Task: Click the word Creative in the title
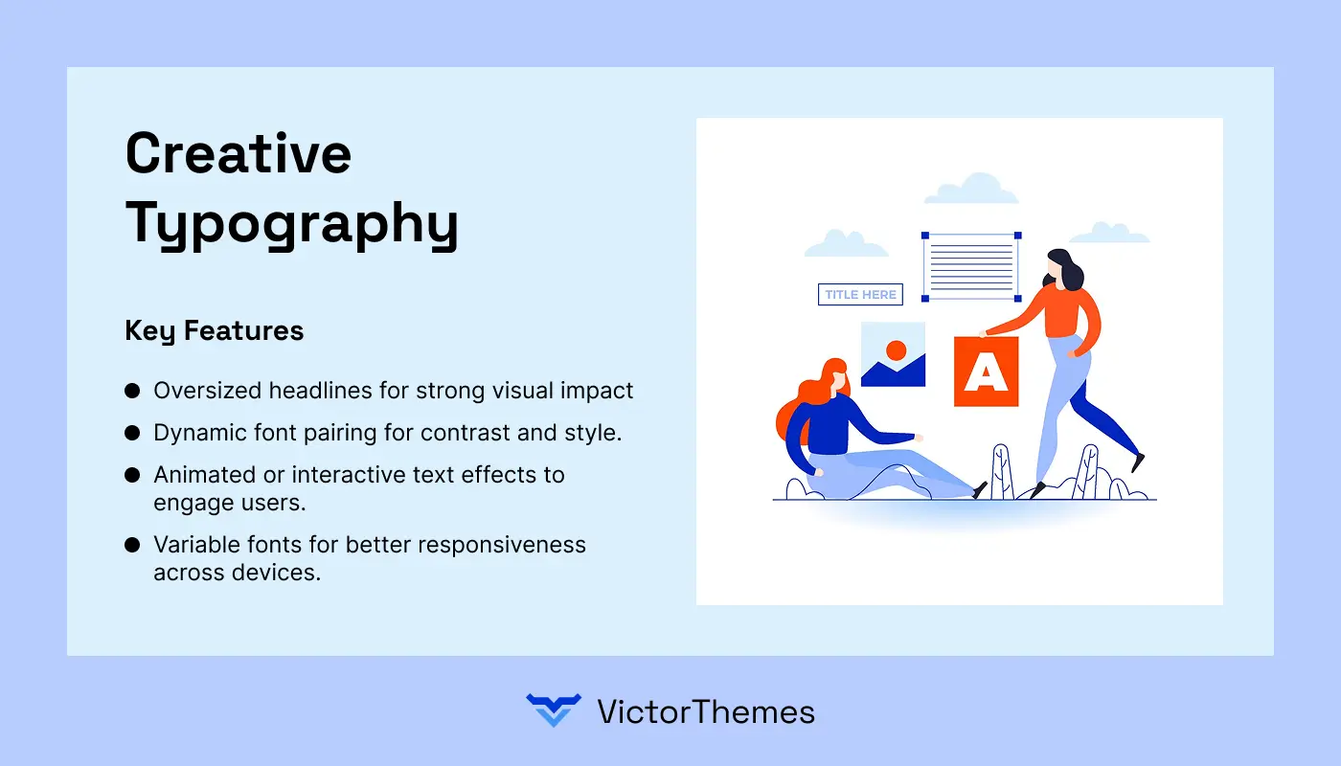click(239, 153)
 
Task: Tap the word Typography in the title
click(292, 224)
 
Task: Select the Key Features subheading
click(215, 331)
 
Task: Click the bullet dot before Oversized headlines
click(132, 391)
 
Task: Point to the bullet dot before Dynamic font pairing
click(132, 433)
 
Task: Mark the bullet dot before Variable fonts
click(132, 545)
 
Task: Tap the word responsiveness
click(502, 545)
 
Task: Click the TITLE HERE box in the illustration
click(860, 295)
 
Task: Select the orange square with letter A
click(986, 372)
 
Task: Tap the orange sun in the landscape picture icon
click(897, 350)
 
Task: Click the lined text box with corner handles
click(971, 267)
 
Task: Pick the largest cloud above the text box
click(971, 189)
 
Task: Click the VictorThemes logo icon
click(554, 710)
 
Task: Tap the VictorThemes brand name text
click(706, 712)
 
